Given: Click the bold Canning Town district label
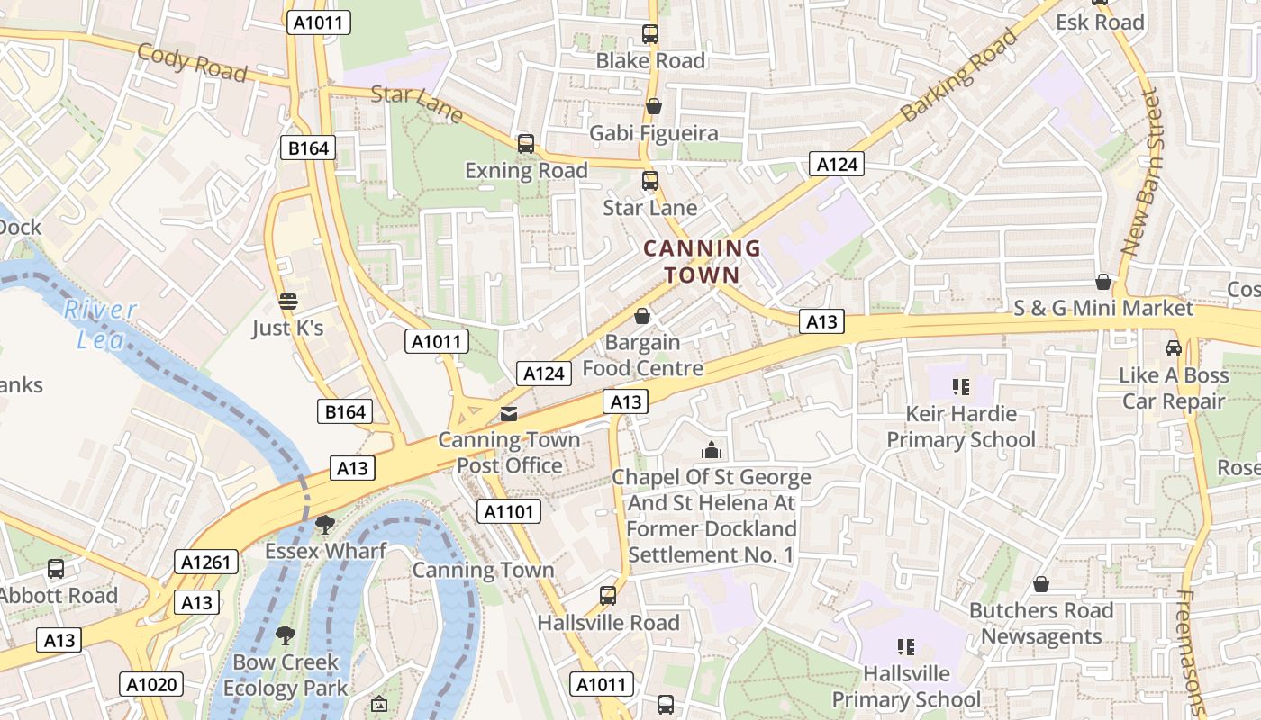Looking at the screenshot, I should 703,261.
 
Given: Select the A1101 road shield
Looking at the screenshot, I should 509,512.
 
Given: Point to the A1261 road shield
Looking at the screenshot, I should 207,562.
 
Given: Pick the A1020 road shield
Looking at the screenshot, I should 151,684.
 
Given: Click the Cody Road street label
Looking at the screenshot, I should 191,62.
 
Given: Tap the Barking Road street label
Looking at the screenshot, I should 958,76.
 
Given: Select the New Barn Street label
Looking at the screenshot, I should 1141,171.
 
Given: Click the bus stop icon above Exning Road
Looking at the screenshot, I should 525,144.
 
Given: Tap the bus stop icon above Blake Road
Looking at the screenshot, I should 650,34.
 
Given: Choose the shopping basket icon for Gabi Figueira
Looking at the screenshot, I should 654,106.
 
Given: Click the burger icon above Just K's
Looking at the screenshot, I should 287,301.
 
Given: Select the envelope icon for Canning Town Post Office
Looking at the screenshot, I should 509,414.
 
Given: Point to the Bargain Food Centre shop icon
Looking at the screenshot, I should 642,316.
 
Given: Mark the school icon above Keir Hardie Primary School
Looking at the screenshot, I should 960,387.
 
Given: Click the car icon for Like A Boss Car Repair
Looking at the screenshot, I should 1173,347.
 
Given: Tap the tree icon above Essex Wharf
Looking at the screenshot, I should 325,524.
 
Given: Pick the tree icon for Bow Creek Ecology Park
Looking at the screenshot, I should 286,635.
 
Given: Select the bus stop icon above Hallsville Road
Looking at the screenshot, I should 608,596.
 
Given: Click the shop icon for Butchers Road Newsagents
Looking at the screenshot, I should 1041,584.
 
